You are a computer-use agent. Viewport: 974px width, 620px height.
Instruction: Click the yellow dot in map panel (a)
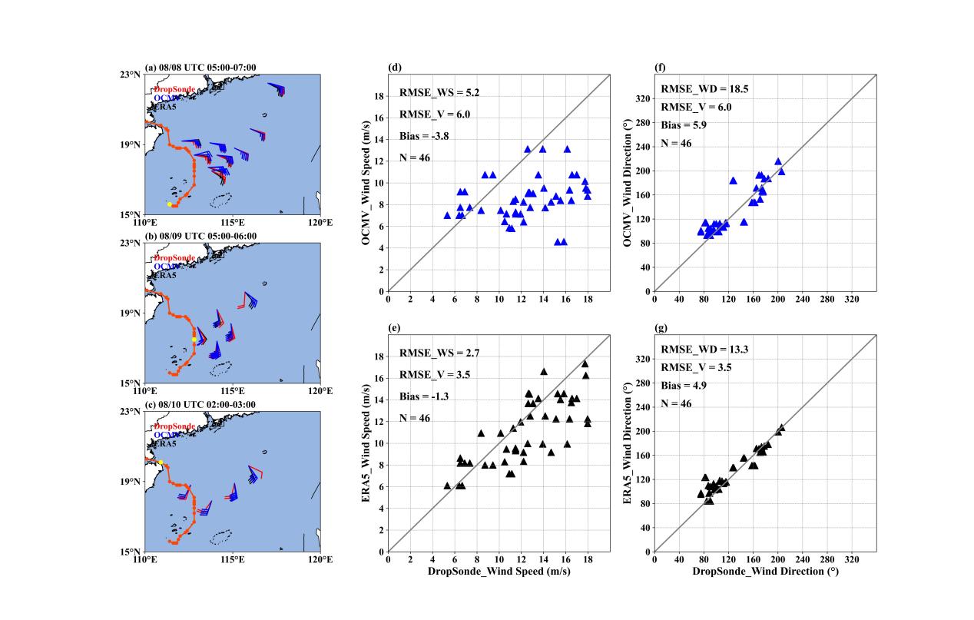[169, 204]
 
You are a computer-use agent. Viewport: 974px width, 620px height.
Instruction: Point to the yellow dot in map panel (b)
[194, 339]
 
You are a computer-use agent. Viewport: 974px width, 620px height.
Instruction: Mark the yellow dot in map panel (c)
[161, 463]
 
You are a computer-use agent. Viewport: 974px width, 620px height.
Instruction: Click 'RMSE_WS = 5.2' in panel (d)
[430, 92]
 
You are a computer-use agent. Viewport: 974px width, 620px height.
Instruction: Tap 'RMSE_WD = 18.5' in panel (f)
[694, 89]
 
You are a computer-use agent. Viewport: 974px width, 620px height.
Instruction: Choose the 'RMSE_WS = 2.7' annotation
[430, 353]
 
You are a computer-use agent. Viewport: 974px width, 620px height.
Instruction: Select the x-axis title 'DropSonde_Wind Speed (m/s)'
[499, 572]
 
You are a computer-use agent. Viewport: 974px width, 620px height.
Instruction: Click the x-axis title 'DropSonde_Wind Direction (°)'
[765, 572]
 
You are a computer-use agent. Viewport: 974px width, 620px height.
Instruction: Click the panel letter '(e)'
[396, 328]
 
